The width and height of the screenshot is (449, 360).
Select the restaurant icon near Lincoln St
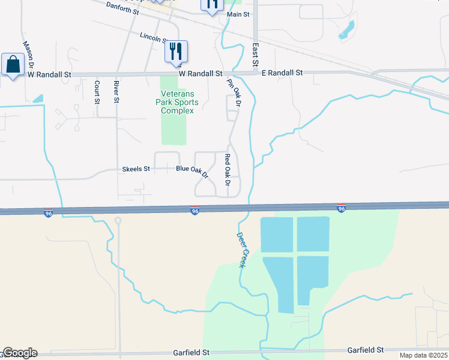coord(176,51)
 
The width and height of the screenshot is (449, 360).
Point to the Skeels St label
coord(136,169)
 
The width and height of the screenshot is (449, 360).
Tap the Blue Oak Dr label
coord(191,172)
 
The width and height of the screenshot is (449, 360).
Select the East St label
coord(255,54)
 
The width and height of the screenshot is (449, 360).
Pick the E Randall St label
coord(282,73)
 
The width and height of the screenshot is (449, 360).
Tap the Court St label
coord(97,92)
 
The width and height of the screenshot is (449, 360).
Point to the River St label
coord(116,92)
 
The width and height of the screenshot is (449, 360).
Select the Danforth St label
coord(122,7)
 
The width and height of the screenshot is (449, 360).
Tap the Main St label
coord(238,14)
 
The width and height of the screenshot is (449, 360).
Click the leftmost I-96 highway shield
coord(48,213)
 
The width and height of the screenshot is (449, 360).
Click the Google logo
coord(19,353)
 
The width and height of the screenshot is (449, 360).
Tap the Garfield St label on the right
coord(366,349)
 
